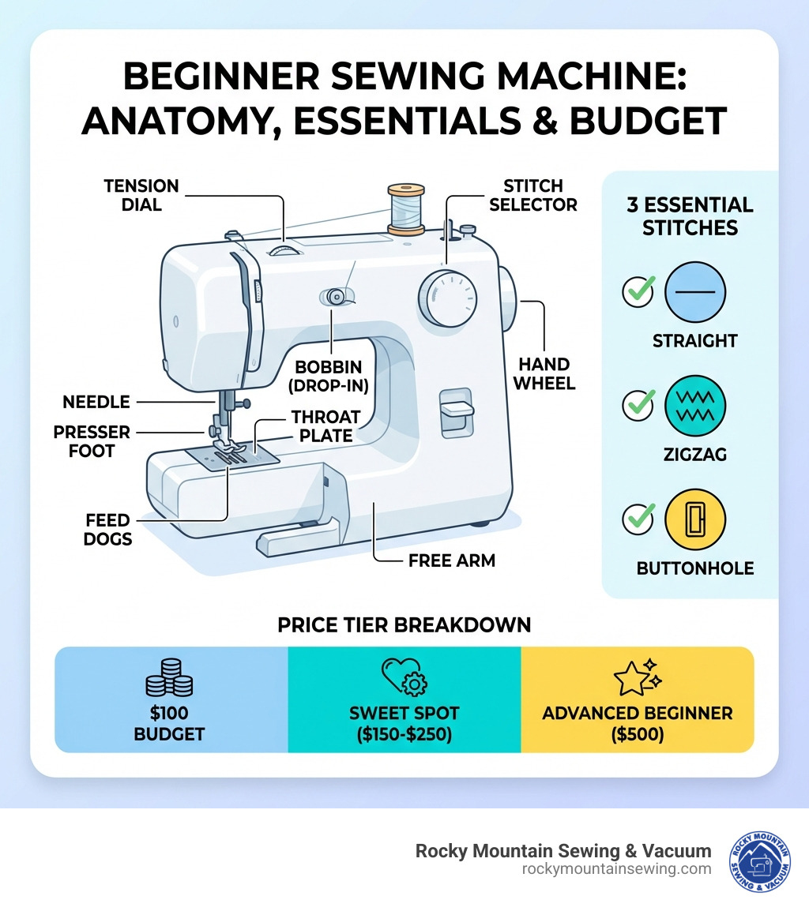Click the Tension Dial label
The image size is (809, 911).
click(x=141, y=195)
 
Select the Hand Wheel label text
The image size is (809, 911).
click(x=544, y=373)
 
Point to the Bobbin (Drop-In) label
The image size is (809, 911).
click(x=328, y=377)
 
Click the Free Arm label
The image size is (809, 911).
click(x=451, y=560)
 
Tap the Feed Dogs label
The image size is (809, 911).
click(x=108, y=530)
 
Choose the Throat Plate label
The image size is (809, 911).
click(x=325, y=426)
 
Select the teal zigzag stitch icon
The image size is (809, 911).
click(x=695, y=405)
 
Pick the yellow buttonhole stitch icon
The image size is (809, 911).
click(x=695, y=519)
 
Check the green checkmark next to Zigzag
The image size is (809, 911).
click(x=638, y=406)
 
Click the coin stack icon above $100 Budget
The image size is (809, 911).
click(x=170, y=678)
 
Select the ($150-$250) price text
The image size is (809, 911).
click(x=404, y=733)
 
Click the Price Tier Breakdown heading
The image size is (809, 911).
click(x=404, y=624)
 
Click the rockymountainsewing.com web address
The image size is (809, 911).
click(x=616, y=868)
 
